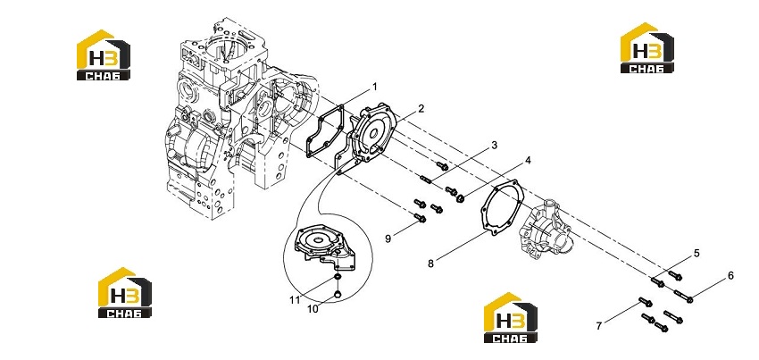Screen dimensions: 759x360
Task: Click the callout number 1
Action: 373,88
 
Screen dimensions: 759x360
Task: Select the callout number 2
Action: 421,108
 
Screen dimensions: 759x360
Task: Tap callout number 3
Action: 494,145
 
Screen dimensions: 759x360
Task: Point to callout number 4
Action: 528,160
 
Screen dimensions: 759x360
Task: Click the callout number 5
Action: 696,253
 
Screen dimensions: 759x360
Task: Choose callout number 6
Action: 730,276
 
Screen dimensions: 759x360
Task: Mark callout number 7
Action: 599,326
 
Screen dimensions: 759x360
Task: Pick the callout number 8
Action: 430,264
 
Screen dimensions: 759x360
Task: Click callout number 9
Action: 388,239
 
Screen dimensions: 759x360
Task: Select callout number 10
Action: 313,309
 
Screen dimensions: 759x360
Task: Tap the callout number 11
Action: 296,300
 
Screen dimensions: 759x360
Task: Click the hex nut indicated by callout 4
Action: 461,197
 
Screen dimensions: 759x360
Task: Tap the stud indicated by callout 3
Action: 426,180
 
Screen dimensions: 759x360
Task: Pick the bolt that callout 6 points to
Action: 683,295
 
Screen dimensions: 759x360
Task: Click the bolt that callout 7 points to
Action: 646,302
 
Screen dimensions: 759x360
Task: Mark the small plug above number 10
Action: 338,293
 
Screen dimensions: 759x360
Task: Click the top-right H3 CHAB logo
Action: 646,48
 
